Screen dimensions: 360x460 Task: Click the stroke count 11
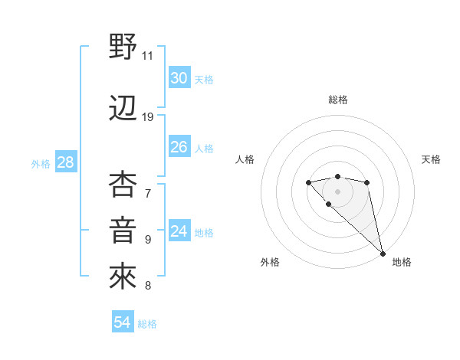148,56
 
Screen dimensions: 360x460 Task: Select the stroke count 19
148,117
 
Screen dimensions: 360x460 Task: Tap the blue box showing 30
179,78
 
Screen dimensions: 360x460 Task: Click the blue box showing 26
179,147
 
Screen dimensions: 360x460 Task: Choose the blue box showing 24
179,231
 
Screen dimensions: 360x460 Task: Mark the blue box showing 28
65,162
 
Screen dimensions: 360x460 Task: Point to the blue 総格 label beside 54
147,324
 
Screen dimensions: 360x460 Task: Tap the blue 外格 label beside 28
41,164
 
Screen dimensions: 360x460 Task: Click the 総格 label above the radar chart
338,100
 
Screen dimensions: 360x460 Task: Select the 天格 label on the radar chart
431,159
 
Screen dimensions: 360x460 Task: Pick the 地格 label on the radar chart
402,262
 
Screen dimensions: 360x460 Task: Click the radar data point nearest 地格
383,254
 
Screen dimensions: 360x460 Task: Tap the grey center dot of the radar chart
338,191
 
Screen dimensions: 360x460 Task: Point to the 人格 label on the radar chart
245,159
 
